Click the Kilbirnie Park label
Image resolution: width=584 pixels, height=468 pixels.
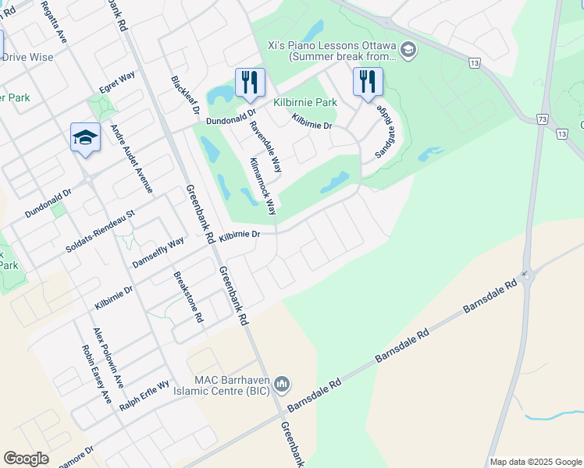click(x=305, y=102)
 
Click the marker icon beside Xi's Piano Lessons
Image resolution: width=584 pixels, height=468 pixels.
click(x=408, y=51)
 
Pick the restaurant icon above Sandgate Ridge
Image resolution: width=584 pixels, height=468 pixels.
click(x=367, y=81)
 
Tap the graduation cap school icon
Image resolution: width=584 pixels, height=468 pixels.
click(x=85, y=137)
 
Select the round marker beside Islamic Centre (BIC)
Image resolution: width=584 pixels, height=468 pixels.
click(x=282, y=384)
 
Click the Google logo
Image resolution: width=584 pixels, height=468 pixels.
click(x=26, y=459)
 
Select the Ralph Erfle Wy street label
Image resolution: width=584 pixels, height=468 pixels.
click(x=144, y=396)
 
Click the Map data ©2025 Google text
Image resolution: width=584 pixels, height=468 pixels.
click(x=536, y=462)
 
